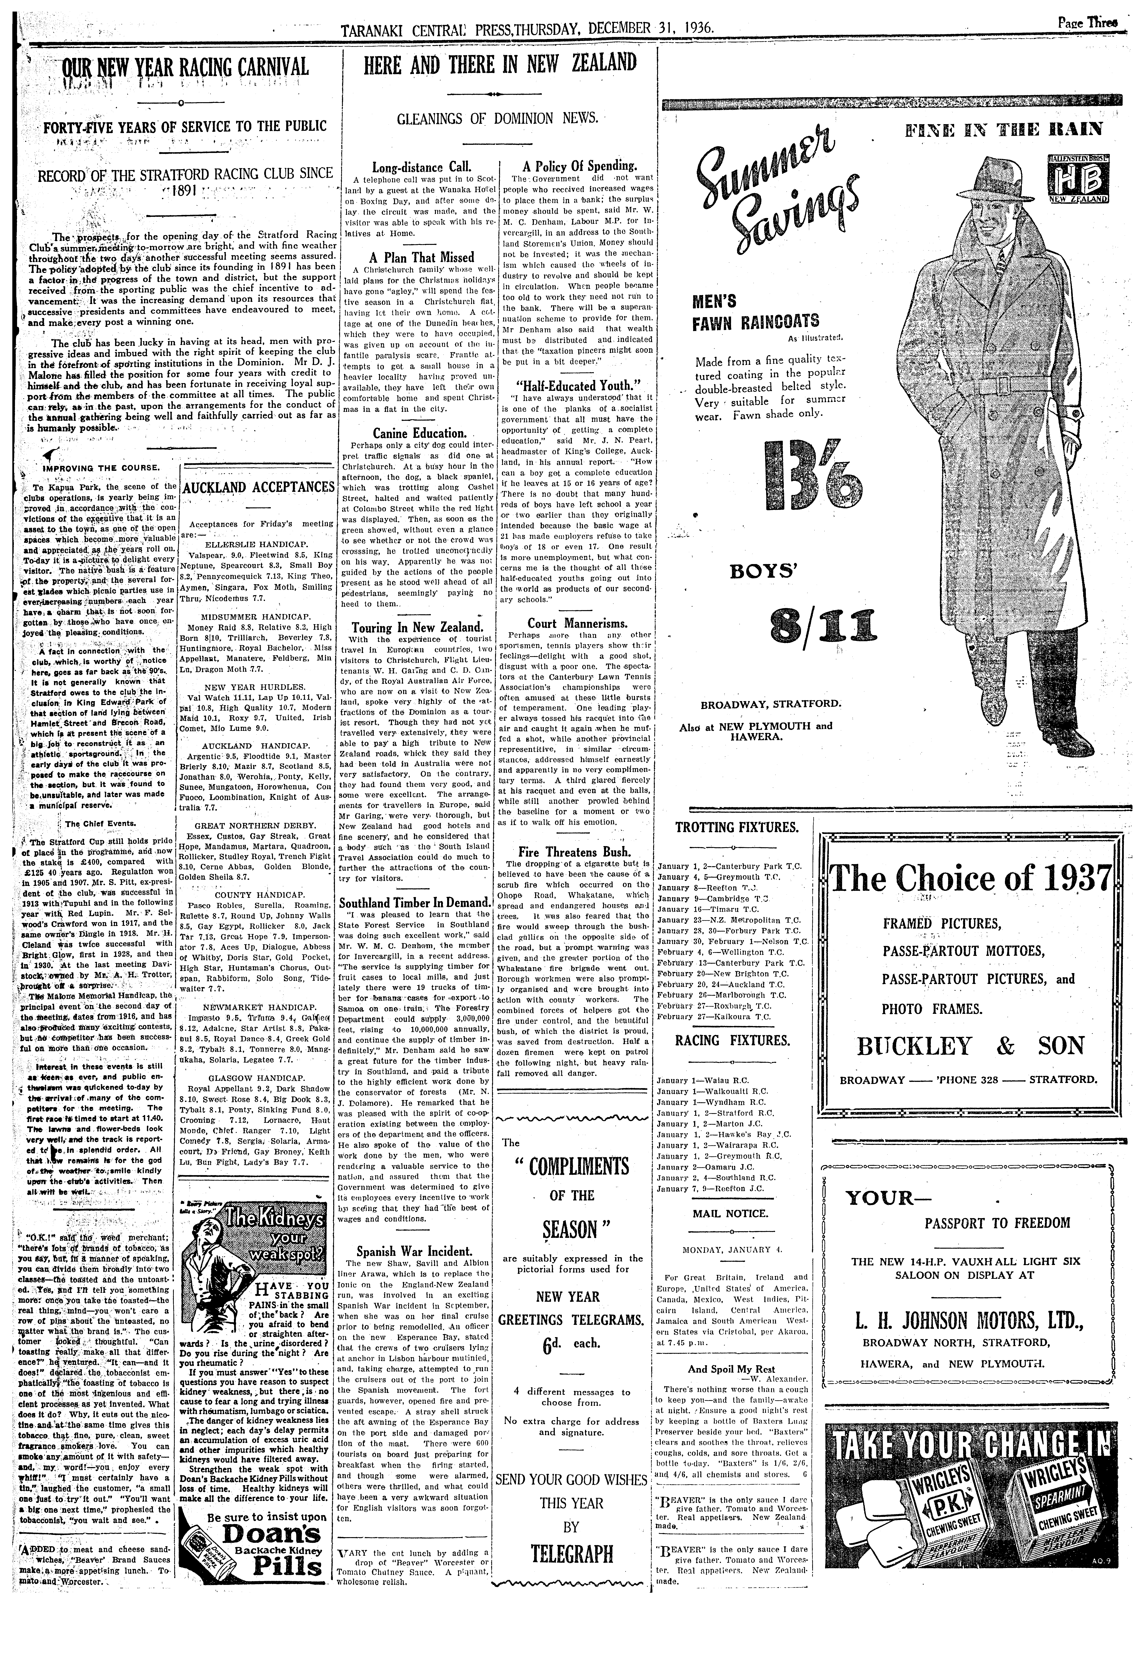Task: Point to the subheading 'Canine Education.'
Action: (x=420, y=433)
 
